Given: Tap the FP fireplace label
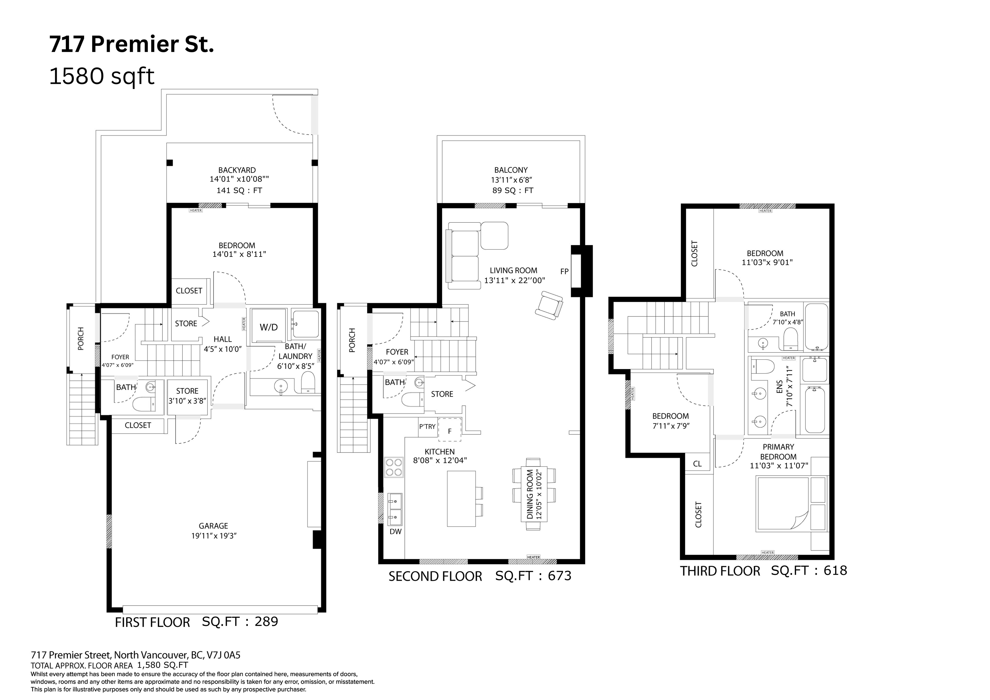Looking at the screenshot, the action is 564,272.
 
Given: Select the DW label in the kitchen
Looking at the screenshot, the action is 395,532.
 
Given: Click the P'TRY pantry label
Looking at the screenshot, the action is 427,427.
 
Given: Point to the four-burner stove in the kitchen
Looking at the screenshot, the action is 394,467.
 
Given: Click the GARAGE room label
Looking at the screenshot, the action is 213,526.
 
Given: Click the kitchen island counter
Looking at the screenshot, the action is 461,499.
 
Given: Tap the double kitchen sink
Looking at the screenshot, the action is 394,508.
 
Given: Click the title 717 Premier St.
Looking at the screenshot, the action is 131,44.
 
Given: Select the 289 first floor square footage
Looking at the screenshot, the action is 266,621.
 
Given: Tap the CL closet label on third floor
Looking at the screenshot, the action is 697,464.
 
